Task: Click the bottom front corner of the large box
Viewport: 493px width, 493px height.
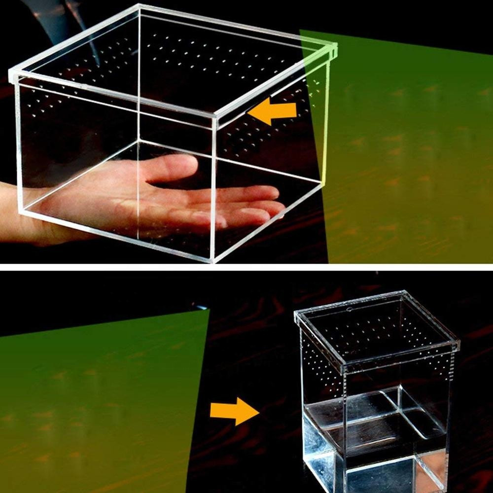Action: coord(213,260)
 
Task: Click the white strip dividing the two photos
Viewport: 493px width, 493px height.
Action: coord(246,267)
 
